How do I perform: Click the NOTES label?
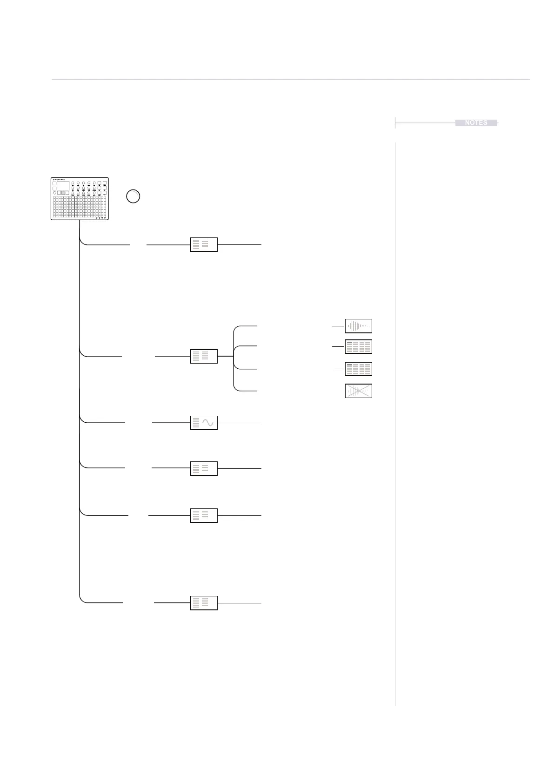pyautogui.click(x=476, y=122)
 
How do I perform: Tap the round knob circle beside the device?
pyautogui.click(x=133, y=196)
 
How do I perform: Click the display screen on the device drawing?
pyautogui.click(x=63, y=185)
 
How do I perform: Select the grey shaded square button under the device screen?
pyautogui.click(x=64, y=193)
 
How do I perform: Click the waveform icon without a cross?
pyautogui.click(x=358, y=326)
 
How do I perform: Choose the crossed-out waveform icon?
pyautogui.click(x=358, y=391)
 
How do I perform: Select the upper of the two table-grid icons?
pyautogui.click(x=358, y=347)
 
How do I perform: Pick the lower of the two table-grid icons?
pyautogui.click(x=358, y=369)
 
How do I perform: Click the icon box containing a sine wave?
pyautogui.click(x=204, y=423)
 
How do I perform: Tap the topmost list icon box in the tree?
pyautogui.click(x=204, y=244)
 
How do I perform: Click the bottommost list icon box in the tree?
pyautogui.click(x=204, y=603)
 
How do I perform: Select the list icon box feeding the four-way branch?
pyautogui.click(x=204, y=356)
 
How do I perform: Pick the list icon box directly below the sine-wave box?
pyautogui.click(x=204, y=468)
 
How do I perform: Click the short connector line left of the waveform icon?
pyautogui.click(x=338, y=326)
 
